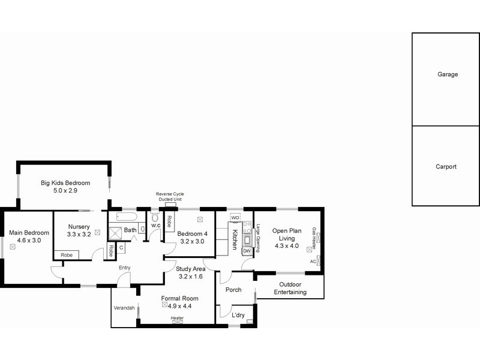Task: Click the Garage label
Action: click(447, 74)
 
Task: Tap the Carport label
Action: click(446, 167)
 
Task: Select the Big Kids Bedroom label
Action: click(65, 182)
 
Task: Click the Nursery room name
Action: click(79, 226)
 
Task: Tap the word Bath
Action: click(130, 230)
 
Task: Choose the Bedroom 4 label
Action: click(193, 234)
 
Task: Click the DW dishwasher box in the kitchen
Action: click(247, 250)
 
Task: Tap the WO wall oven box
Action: click(235, 217)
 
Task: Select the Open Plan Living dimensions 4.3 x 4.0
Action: click(286, 245)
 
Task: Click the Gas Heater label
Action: click(314, 238)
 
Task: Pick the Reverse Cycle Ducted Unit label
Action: click(170, 197)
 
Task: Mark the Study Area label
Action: click(191, 269)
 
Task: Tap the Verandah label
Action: click(124, 308)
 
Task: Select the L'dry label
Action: click(238, 315)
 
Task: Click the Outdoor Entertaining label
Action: click(290, 288)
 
